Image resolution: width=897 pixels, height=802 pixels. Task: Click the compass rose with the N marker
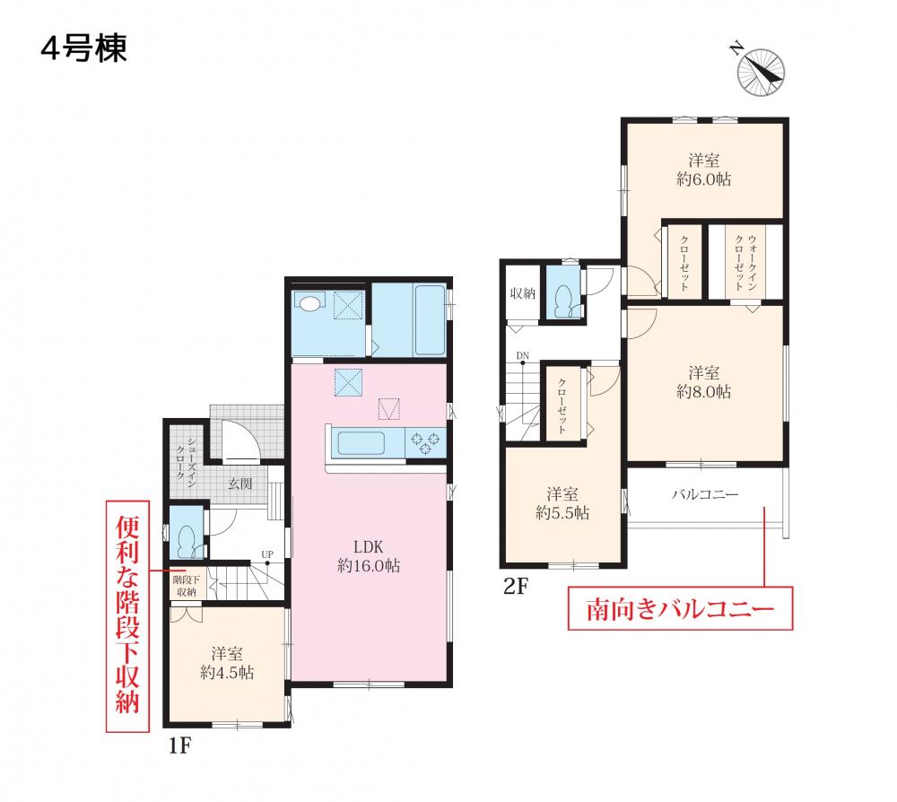(761, 72)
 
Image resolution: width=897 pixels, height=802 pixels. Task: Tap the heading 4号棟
(84, 48)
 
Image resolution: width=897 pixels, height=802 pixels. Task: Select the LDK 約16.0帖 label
(369, 556)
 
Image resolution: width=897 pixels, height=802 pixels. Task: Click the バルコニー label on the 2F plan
(705, 493)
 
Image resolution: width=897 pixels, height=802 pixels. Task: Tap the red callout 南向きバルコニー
(680, 608)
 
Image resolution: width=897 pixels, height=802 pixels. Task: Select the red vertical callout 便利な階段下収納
(127, 616)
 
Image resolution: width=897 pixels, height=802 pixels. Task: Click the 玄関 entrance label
(240, 484)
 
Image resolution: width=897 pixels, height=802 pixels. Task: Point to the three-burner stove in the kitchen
(425, 443)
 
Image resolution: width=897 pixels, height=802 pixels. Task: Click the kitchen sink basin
(361, 443)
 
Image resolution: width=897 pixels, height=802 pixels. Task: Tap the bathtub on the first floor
(431, 319)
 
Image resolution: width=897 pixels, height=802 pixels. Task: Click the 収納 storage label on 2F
(522, 292)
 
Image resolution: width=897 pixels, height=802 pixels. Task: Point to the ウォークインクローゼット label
(745, 263)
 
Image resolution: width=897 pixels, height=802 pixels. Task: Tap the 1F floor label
(179, 746)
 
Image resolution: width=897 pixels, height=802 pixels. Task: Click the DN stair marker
(523, 356)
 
